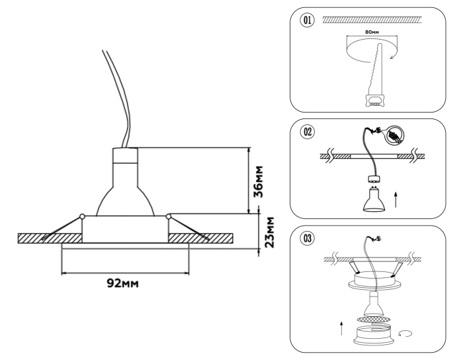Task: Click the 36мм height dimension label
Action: pyautogui.click(x=260, y=181)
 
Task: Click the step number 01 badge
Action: pyautogui.click(x=308, y=21)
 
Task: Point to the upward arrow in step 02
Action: pyautogui.click(x=395, y=199)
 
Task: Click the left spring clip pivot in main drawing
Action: pyautogui.click(x=81, y=216)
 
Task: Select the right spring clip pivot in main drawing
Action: pyautogui.click(x=169, y=216)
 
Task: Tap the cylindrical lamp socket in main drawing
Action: pyautogui.click(x=124, y=159)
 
